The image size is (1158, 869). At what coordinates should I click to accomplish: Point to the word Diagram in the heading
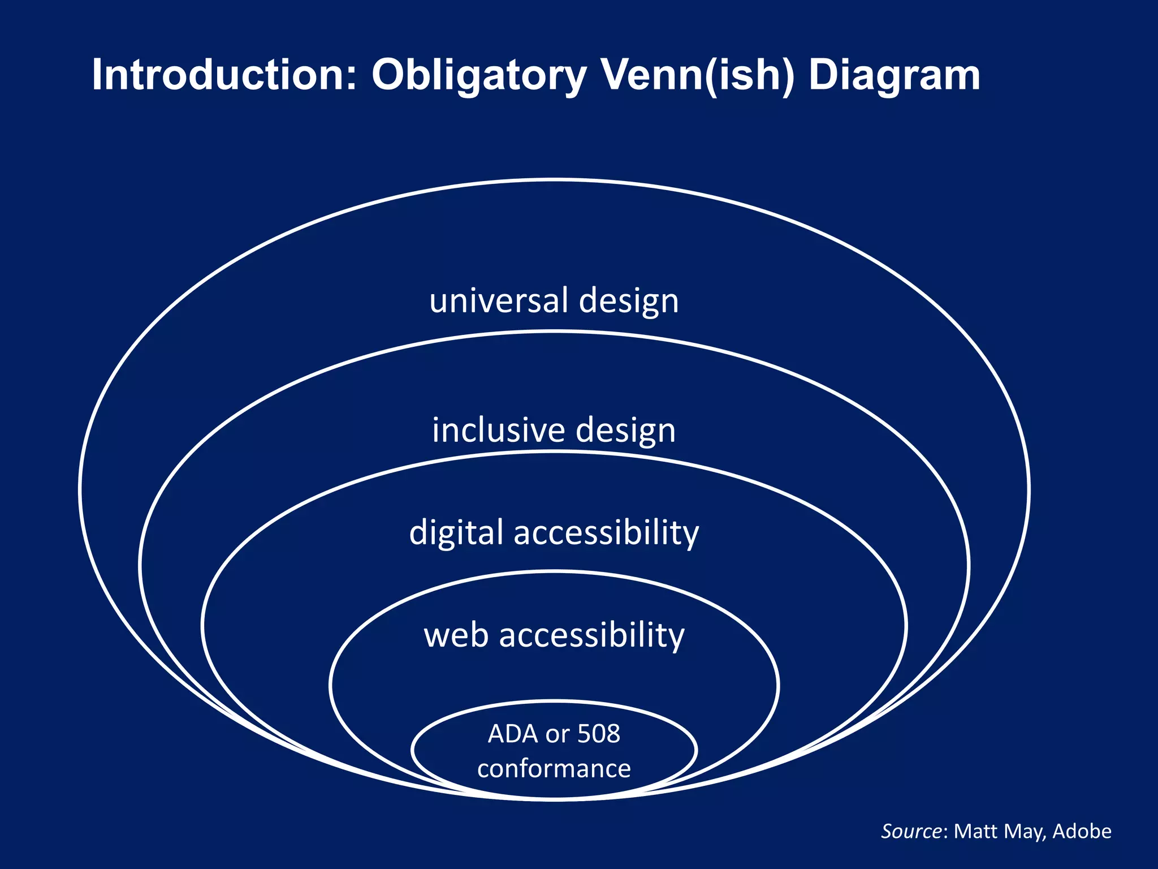click(x=895, y=75)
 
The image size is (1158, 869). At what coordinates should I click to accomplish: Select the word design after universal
click(x=629, y=302)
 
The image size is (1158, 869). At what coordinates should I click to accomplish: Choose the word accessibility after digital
click(x=606, y=534)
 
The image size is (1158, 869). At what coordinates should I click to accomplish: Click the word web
click(x=456, y=635)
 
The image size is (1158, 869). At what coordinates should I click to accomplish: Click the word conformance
click(x=554, y=769)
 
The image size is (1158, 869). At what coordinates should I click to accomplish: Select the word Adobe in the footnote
click(x=1082, y=831)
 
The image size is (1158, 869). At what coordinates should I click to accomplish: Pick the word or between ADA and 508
click(x=558, y=734)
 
